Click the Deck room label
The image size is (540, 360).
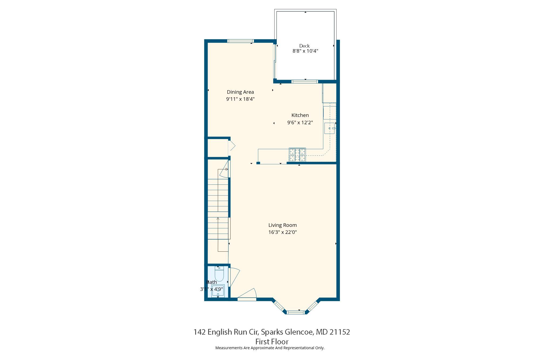point(304,46)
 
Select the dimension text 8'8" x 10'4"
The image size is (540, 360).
point(305,51)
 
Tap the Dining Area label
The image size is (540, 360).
point(240,92)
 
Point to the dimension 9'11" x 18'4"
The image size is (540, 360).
point(240,99)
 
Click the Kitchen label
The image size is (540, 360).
point(300,115)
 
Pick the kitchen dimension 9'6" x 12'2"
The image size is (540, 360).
point(300,123)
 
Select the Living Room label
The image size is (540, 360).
point(282,225)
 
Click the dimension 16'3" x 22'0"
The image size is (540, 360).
point(282,232)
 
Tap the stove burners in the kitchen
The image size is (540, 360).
point(297,155)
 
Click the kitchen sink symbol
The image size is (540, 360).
point(329,128)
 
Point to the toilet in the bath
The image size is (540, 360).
point(219,274)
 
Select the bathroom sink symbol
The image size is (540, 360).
point(218,290)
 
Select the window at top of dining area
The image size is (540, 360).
point(241,41)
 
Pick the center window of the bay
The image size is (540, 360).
point(295,312)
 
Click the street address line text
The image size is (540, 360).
point(272,332)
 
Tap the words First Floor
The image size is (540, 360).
point(272,342)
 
